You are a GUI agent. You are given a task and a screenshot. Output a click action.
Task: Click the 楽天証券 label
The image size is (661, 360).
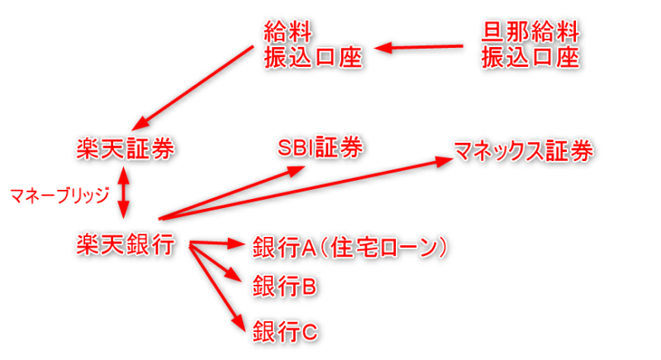click(126, 149)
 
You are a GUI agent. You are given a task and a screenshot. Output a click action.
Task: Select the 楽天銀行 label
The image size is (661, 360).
click(126, 244)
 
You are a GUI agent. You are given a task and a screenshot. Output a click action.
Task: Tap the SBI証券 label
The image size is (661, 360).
click(320, 147)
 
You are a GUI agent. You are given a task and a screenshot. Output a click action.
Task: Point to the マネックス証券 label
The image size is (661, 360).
click(523, 151)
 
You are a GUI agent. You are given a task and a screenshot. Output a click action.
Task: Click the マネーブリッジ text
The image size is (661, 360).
click(59, 196)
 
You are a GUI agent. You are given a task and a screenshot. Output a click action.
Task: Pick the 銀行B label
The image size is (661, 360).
click(284, 287)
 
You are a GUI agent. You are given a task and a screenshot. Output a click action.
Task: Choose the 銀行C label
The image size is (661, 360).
click(285, 331)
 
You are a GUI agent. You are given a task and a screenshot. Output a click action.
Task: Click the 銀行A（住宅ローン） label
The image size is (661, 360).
click(350, 247)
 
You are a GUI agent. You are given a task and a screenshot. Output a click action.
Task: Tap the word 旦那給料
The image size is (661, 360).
click(530, 32)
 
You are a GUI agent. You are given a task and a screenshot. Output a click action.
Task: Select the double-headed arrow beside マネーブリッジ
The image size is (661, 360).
click(123, 192)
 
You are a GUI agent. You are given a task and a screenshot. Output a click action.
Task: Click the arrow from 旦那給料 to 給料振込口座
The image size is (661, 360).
click(419, 47)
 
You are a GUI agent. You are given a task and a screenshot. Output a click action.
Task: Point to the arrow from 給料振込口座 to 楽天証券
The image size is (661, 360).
click(193, 88)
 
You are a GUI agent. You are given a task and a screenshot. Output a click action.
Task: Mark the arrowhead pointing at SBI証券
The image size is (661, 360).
click(296, 171)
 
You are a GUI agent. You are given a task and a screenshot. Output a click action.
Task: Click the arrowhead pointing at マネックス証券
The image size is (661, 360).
click(444, 162)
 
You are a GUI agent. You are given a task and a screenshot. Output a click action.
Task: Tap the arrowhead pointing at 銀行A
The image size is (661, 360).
click(236, 244)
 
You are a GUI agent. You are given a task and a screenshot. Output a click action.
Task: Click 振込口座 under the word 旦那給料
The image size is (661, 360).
click(530, 57)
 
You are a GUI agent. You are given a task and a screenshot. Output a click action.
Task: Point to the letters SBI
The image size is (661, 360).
click(297, 148)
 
